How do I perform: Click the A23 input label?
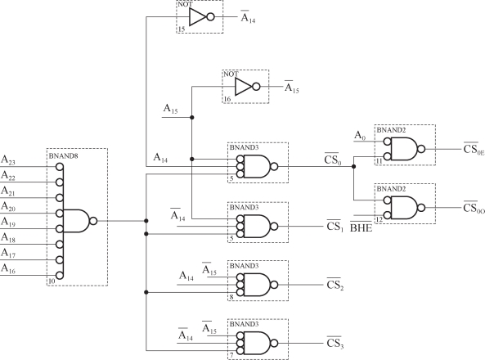point(8,160)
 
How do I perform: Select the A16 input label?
point(8,268)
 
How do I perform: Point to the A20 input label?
point(8,206)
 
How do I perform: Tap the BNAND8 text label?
point(64,156)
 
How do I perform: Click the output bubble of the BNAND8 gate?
point(93,221)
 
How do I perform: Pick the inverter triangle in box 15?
point(198,16)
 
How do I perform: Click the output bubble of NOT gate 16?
point(256,87)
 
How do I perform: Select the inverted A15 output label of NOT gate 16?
point(292,87)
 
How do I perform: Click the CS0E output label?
point(474,149)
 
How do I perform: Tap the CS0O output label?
point(474,207)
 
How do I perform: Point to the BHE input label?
point(361,227)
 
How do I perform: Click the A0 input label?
point(360,136)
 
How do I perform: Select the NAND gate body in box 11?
point(404,149)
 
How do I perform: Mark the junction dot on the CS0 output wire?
point(354,167)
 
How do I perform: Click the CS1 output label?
point(335,226)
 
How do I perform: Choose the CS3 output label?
point(335,343)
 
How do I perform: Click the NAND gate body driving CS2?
point(257,285)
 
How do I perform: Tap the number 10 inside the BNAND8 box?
point(52,281)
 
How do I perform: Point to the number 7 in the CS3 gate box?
point(231,355)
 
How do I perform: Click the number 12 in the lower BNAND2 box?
point(379,219)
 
